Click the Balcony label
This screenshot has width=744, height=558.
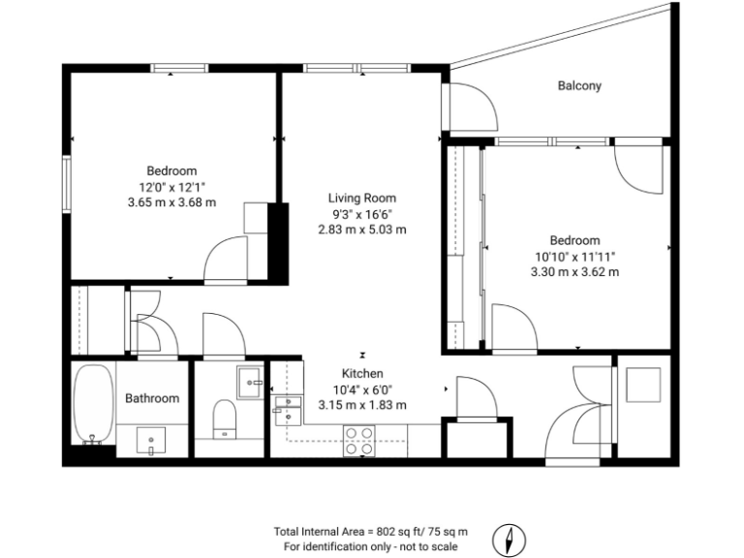tap(579, 85)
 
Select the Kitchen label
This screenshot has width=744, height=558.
tap(362, 373)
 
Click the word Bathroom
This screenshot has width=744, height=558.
tap(152, 398)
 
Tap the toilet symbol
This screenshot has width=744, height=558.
tap(224, 418)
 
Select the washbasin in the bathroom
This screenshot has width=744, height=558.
tap(152, 441)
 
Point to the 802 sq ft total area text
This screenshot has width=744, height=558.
tap(371, 531)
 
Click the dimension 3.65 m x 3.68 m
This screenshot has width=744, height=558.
tap(171, 202)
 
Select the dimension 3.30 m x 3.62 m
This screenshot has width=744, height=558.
tap(574, 272)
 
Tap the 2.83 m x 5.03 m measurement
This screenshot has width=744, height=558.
tap(362, 230)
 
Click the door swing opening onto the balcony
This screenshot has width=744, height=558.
tap(473, 108)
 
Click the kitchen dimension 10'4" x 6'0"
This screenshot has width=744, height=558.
tap(362, 388)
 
